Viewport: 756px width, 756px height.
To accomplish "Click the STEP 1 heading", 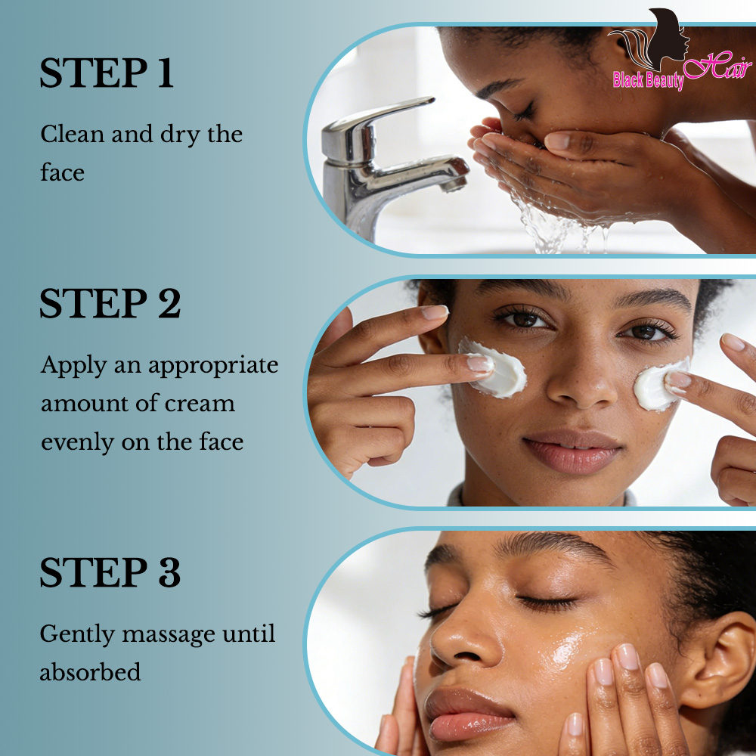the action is coord(106,73).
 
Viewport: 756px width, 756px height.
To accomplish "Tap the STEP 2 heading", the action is coord(110,303).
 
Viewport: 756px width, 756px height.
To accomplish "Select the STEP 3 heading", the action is coord(110,572).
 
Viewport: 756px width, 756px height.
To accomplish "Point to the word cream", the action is coord(200,404).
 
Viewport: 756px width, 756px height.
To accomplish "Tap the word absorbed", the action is coord(90,671).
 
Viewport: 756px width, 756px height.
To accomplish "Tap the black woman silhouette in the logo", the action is coord(668,39).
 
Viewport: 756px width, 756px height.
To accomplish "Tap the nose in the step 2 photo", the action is coord(579,382).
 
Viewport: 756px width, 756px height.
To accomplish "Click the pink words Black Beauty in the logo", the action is coord(649,80).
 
